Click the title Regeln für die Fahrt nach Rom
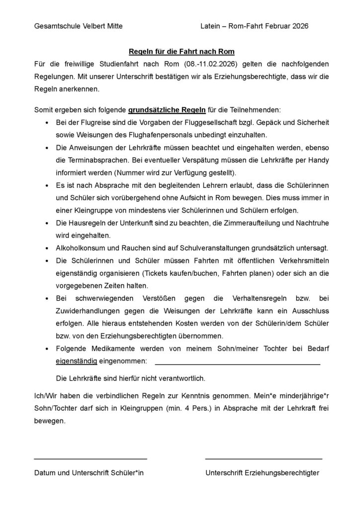[181, 52]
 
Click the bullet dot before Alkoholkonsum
[46, 248]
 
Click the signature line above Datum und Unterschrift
[90, 458]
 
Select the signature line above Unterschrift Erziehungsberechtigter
[264, 458]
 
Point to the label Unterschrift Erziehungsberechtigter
[263, 473]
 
